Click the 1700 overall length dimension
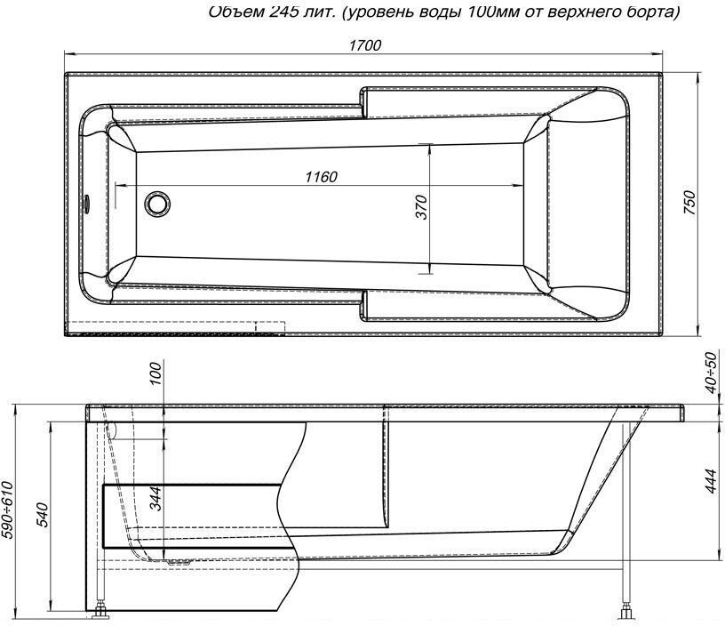pyautogui.click(x=364, y=46)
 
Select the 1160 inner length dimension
pyautogui.click(x=320, y=177)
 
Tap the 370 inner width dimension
pyautogui.click(x=421, y=207)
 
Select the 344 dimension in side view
pyautogui.click(x=155, y=502)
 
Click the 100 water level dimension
pyautogui.click(x=155, y=374)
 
